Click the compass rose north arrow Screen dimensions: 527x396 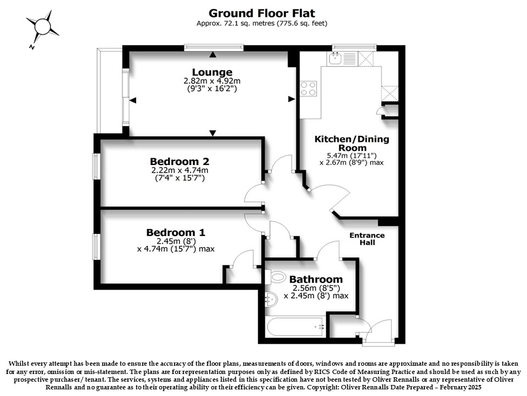pos(42,26)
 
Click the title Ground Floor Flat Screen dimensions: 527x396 pos(262,13)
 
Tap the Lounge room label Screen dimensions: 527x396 pos(212,72)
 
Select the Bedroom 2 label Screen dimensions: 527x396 pos(180,161)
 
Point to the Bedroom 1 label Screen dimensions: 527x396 pos(176,232)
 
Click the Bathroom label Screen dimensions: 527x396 pos(316,279)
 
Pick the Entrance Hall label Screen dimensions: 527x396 pos(367,239)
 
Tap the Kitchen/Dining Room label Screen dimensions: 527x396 pos(352,144)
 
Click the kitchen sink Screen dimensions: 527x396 pos(335,58)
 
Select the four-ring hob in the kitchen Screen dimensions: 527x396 pos(308,88)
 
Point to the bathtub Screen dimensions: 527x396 pos(295,326)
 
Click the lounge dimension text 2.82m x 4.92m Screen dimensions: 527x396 pos(212,81)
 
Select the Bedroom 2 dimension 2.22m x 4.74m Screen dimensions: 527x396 pos(180,170)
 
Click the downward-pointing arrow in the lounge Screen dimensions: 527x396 pos(212,133)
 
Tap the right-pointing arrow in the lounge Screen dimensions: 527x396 pos(291,99)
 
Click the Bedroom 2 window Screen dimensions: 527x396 pos(96,166)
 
